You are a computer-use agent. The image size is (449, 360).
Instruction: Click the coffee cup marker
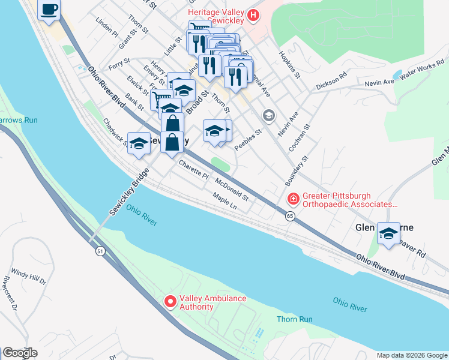pyautogui.click(x=49, y=10)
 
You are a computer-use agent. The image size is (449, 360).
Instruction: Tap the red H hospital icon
pyautogui.click(x=253, y=15)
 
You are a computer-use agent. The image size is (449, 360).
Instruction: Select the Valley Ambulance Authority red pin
pyautogui.click(x=169, y=301)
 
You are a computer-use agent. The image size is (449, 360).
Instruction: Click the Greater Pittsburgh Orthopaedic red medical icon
pyautogui.click(x=293, y=199)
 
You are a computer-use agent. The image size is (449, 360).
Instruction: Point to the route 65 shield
pyautogui.click(x=290, y=215)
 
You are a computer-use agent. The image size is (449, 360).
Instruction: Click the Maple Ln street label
pyautogui.click(x=225, y=201)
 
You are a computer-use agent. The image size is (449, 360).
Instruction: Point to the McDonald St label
pyautogui.click(x=232, y=186)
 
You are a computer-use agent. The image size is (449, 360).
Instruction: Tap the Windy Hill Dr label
pyautogui.click(x=28, y=275)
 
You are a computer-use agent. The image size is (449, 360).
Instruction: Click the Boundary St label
pyautogui.click(x=297, y=170)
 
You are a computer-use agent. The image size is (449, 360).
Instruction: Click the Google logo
pyautogui.click(x=20, y=352)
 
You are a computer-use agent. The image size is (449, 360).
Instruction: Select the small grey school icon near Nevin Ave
pyautogui.click(x=268, y=115)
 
